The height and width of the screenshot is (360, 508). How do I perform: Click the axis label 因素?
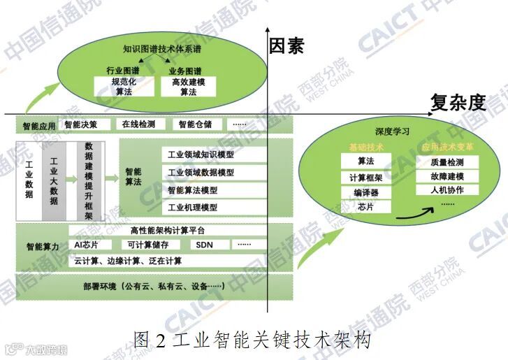coord(286,47)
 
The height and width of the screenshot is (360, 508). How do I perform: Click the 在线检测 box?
coord(137,124)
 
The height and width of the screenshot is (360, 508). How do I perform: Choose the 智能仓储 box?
coord(195,124)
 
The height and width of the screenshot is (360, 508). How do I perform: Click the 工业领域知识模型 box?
coord(201,155)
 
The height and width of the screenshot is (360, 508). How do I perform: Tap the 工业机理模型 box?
coord(192,208)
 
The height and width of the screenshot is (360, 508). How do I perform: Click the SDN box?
coord(204,245)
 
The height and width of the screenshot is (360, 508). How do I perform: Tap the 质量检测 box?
coord(447,162)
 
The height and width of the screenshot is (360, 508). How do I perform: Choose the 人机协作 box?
coord(447,189)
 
